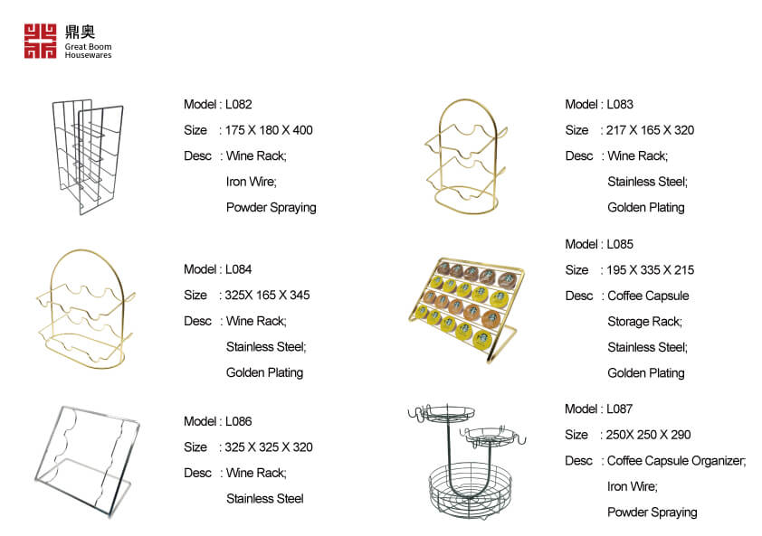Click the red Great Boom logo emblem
41,42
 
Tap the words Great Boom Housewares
88,51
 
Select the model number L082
239,104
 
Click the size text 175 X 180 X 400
269,130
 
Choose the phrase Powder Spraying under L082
271,208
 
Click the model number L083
620,104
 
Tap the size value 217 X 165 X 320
650,130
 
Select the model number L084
239,269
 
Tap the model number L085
620,244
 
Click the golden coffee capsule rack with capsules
465,308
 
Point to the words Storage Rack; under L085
645,322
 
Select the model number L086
239,421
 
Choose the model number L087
620,409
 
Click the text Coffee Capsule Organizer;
676,461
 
